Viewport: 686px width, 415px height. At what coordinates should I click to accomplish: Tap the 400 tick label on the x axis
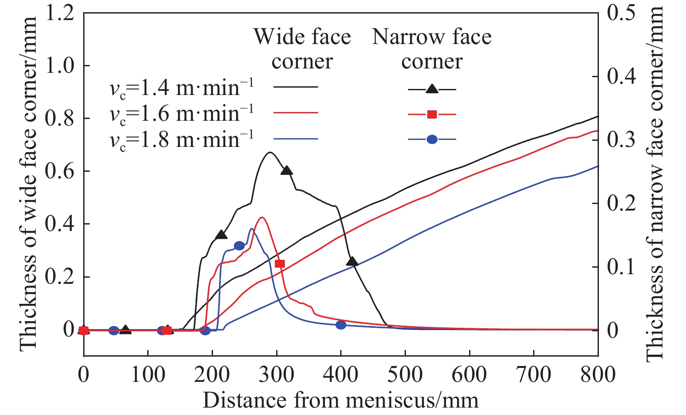[x=341, y=375]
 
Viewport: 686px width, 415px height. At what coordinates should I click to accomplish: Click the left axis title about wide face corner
[x=27, y=183]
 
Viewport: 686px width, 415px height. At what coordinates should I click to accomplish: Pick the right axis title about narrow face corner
[x=655, y=183]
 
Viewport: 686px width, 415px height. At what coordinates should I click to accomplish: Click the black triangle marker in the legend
[x=432, y=89]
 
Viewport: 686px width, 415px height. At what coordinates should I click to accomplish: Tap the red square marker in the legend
[x=432, y=115]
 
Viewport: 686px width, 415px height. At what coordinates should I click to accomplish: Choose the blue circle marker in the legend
[x=432, y=139]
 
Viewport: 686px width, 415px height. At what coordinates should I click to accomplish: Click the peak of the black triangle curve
[x=270, y=153]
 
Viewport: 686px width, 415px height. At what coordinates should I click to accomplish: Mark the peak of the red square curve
[x=262, y=218]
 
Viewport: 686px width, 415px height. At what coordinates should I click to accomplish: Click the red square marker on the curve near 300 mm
[x=280, y=264]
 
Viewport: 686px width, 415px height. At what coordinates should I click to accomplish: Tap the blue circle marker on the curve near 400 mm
[x=341, y=325]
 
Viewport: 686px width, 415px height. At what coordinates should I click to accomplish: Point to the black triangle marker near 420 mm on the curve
[x=352, y=262]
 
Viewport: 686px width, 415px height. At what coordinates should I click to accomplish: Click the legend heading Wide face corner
[x=302, y=49]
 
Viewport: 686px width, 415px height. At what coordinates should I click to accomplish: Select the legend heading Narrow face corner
[x=432, y=49]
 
